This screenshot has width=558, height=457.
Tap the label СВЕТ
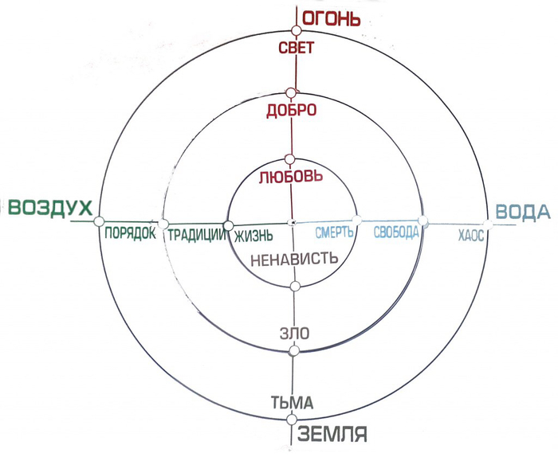(x=296, y=47)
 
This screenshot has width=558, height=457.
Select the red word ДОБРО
(x=292, y=110)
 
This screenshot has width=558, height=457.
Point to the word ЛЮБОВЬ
(x=291, y=175)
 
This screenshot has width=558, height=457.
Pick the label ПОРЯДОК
(x=130, y=234)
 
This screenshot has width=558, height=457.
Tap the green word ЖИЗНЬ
(x=253, y=235)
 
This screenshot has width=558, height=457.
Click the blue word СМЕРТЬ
(x=333, y=232)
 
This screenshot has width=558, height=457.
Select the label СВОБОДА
(x=396, y=232)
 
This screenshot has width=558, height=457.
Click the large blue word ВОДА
(x=523, y=212)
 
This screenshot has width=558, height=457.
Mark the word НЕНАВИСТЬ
(x=294, y=259)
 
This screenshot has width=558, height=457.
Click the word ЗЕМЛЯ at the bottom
(x=332, y=435)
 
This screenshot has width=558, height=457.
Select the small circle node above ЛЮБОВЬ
(x=290, y=158)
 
